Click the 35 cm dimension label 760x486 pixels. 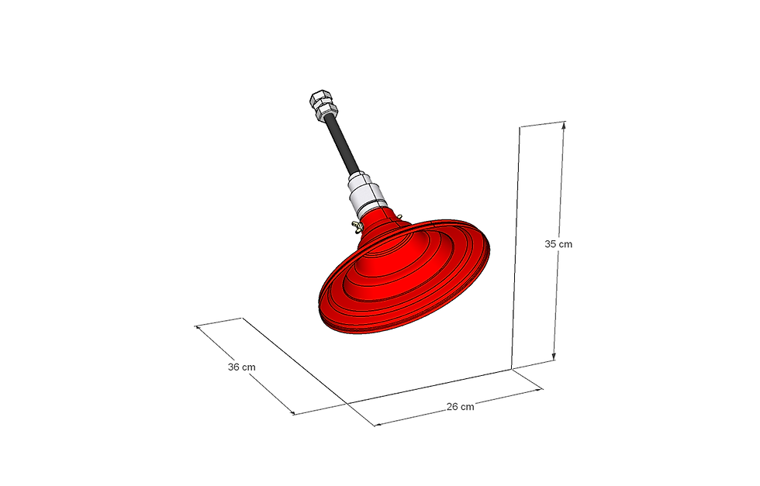point(558,244)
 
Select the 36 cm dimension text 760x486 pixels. point(241,367)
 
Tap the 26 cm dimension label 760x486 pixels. point(461,406)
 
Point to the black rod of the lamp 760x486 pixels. point(343,146)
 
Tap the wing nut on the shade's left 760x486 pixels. point(358,226)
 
